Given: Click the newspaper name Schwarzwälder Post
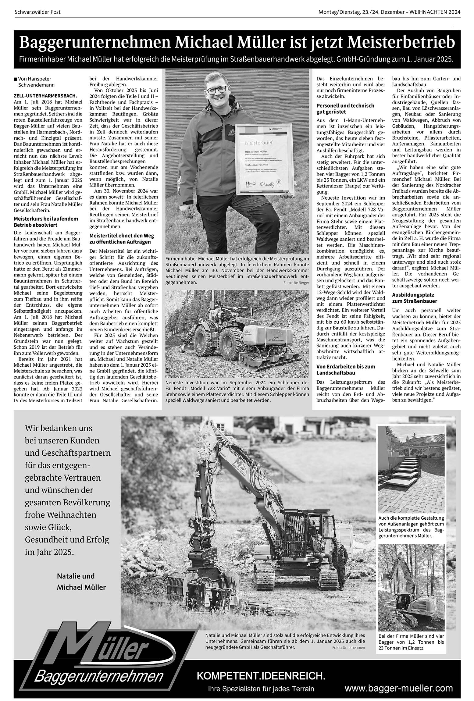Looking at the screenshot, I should coord(37,12).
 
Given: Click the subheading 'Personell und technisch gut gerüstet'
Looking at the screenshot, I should coord(345,109).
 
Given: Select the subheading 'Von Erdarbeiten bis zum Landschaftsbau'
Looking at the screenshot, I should coord(346,369).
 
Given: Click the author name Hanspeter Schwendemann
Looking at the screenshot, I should coord(34,82).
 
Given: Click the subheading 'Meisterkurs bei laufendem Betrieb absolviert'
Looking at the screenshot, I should coord(46,222).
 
